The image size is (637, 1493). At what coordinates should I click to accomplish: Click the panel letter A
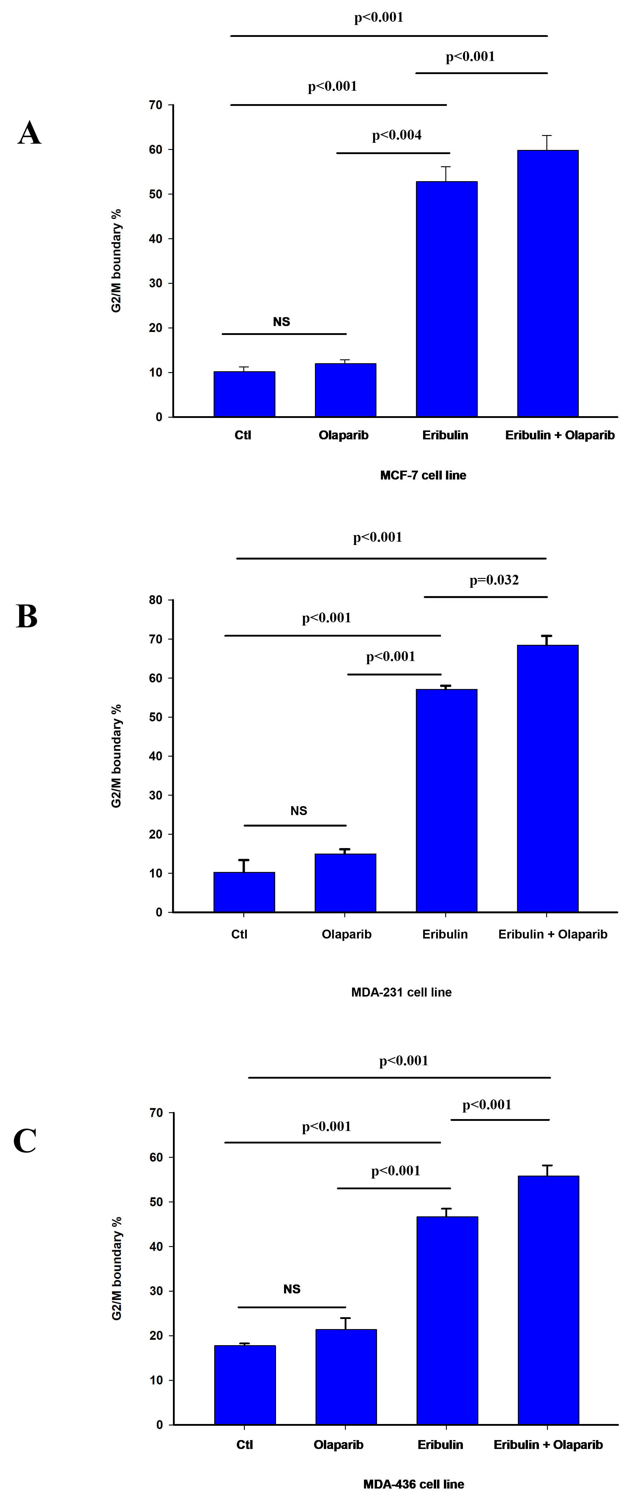click(x=29, y=133)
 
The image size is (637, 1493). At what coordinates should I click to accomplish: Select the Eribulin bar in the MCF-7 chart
click(x=447, y=299)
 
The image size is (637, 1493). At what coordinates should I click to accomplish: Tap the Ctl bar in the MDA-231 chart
click(x=244, y=892)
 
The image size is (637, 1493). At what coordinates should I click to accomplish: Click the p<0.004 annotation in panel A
click(x=397, y=135)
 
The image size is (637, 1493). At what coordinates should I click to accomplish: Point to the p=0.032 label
click(x=494, y=580)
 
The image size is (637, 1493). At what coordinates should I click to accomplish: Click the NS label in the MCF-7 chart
click(x=281, y=322)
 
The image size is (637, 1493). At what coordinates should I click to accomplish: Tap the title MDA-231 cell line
click(x=401, y=992)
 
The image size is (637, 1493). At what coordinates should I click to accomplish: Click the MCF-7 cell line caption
click(x=423, y=475)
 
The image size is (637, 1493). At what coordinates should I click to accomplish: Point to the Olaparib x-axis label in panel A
click(x=343, y=435)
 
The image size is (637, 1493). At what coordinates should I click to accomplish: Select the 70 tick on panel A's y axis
click(x=155, y=105)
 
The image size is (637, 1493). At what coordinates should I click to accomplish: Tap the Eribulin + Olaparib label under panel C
click(x=548, y=1445)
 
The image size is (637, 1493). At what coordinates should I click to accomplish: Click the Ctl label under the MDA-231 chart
click(x=239, y=934)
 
